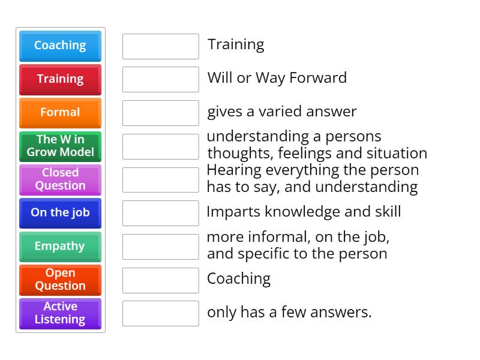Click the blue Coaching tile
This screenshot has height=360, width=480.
click(x=60, y=46)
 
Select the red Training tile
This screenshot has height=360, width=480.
click(x=60, y=79)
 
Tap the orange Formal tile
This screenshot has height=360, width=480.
click(x=60, y=112)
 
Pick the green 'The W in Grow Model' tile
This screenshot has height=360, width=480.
click(x=60, y=146)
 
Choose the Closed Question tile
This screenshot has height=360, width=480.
click(x=60, y=179)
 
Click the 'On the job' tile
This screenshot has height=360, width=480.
click(x=60, y=212)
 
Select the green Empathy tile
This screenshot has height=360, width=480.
click(x=60, y=246)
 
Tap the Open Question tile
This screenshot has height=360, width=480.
click(x=60, y=280)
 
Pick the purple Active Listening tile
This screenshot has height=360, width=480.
click(x=60, y=313)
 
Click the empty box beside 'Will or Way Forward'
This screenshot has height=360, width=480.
click(x=160, y=79)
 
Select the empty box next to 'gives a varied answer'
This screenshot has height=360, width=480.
click(x=160, y=113)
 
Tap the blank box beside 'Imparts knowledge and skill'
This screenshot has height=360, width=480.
click(x=160, y=213)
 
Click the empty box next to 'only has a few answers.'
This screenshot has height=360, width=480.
click(x=160, y=313)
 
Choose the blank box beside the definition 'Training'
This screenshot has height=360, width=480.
click(x=160, y=46)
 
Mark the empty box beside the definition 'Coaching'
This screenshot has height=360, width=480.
click(x=160, y=280)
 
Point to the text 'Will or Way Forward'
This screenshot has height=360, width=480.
click(x=277, y=78)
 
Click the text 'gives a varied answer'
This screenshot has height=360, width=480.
click(x=281, y=112)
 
